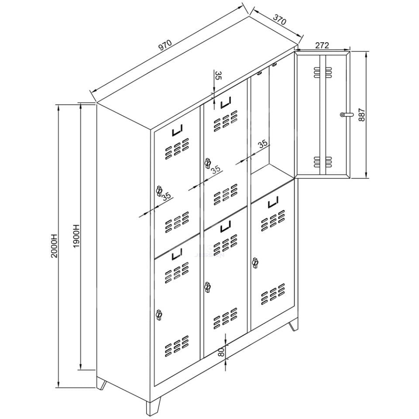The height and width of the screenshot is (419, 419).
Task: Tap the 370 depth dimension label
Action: [279, 20]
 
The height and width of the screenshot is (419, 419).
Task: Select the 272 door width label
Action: [322, 45]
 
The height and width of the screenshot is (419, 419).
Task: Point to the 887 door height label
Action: [361, 114]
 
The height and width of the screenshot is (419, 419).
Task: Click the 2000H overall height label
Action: [54, 246]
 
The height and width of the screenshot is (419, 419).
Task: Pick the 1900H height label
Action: [76, 235]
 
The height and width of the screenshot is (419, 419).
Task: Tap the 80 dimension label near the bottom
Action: [220, 353]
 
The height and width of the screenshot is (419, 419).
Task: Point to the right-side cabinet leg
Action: [293, 325]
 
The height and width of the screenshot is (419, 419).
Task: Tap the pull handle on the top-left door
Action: [177, 131]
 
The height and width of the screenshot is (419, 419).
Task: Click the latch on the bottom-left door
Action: [159, 315]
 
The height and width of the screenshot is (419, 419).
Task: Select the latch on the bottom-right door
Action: [255, 263]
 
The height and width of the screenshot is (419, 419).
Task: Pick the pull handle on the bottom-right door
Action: [273, 202]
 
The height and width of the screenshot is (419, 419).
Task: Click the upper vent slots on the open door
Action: [323, 72]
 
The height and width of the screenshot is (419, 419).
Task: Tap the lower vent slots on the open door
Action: [323, 161]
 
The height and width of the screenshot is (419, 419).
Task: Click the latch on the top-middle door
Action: [207, 163]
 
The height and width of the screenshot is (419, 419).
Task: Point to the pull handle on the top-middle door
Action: [225, 103]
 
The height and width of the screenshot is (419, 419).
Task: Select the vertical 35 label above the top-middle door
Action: [219, 76]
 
